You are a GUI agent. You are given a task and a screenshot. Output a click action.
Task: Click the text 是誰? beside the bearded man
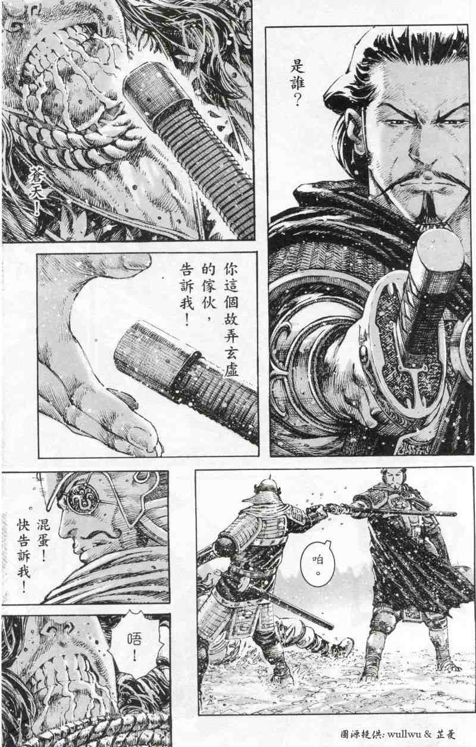coord(297,83)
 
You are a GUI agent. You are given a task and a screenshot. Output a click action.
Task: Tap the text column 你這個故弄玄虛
coord(231,320)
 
